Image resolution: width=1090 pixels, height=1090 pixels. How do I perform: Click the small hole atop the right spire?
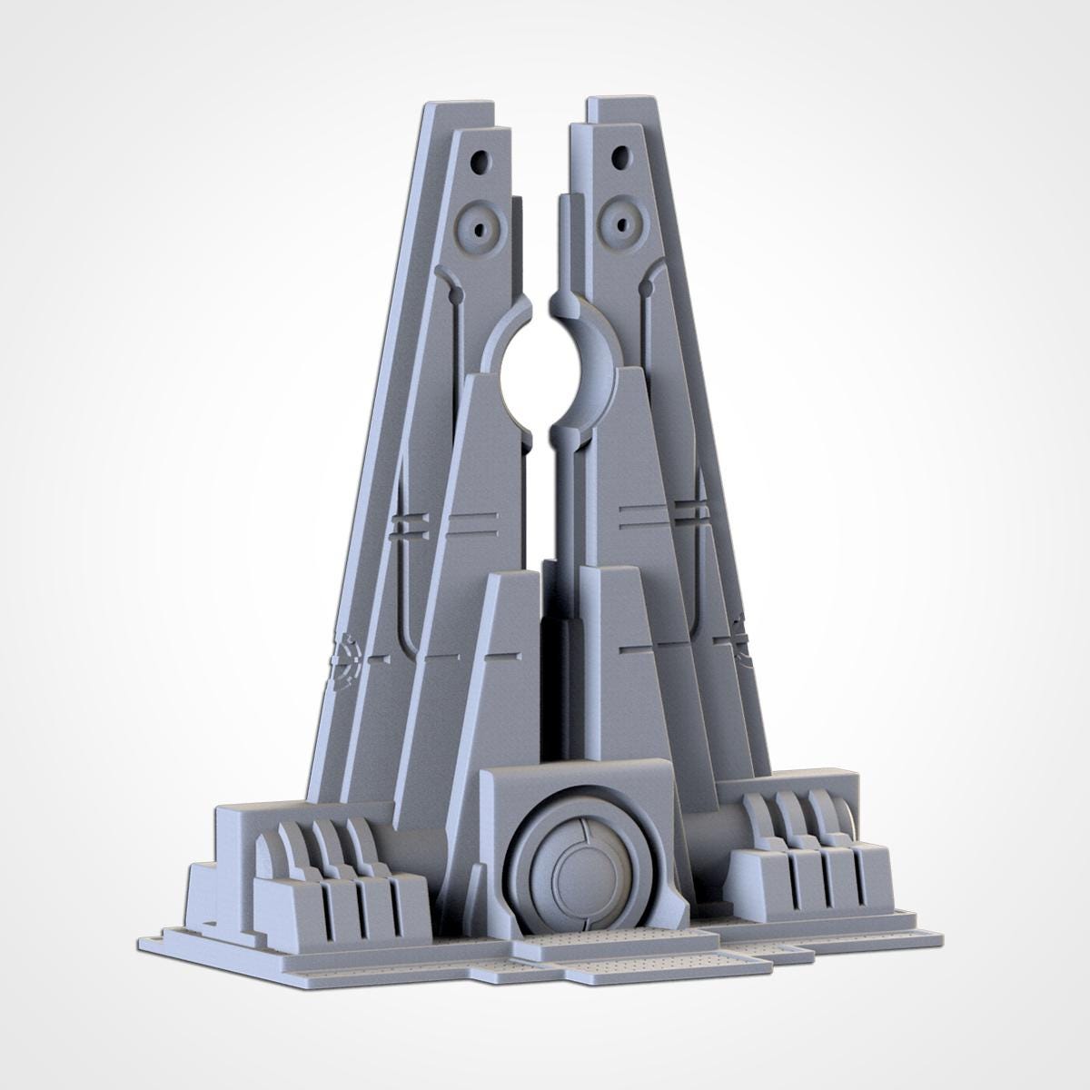click(620, 157)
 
